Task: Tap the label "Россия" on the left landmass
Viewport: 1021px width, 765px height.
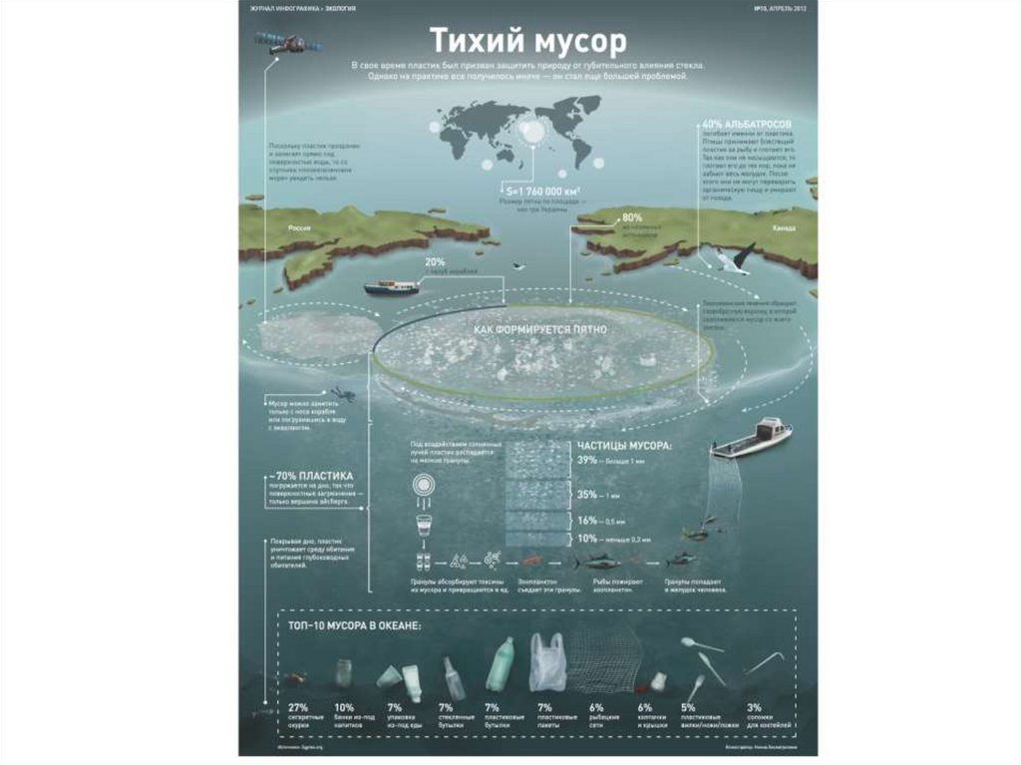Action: (299, 228)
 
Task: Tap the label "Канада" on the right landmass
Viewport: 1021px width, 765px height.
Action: (784, 228)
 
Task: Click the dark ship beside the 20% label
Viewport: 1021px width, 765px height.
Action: (391, 287)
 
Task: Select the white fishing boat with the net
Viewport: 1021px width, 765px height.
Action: (753, 436)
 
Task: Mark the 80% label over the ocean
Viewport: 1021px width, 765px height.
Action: (631, 217)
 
